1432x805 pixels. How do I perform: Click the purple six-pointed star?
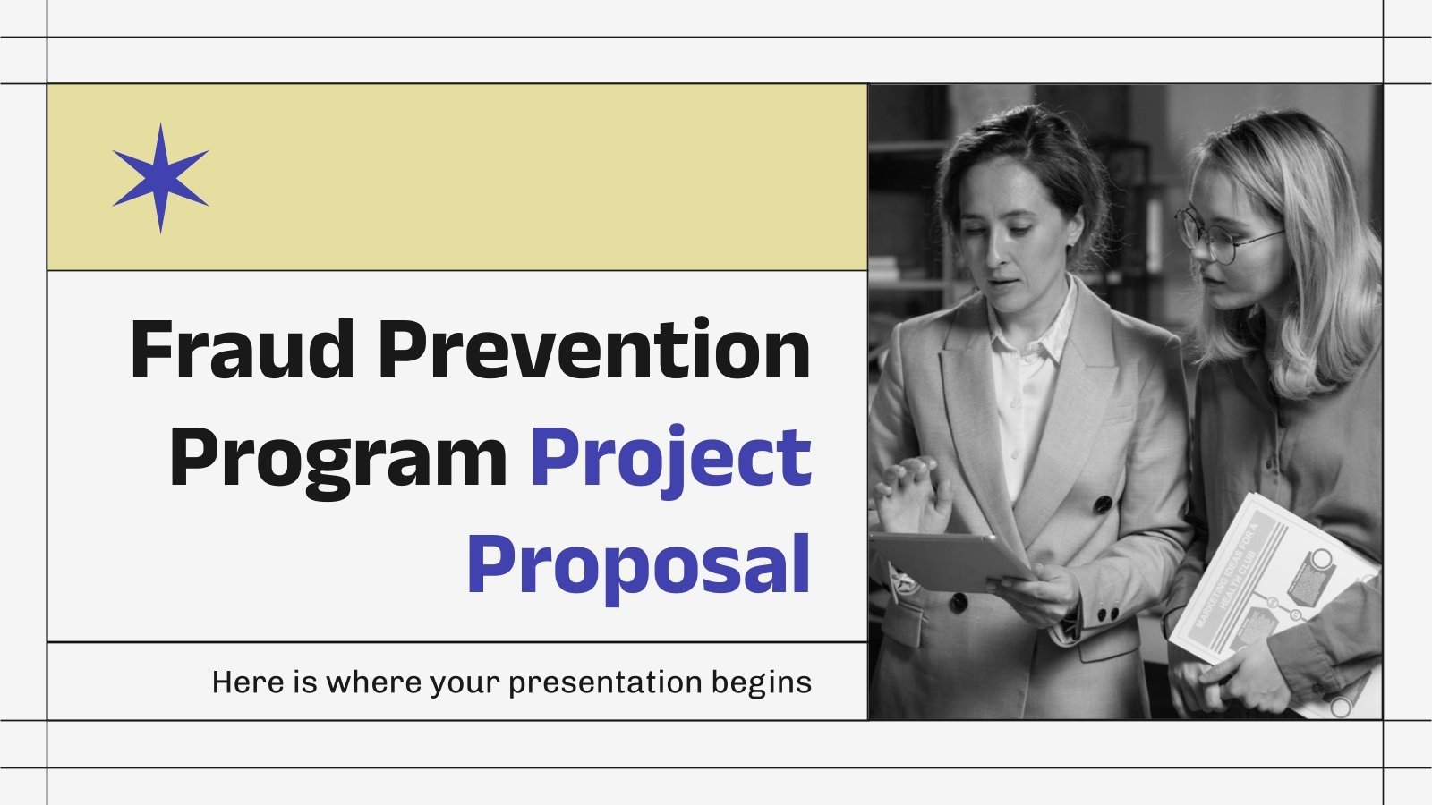(160, 178)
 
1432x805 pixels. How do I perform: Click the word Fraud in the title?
(243, 351)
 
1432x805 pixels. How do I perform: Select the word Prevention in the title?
(594, 351)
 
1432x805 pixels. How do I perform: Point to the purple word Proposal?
(638, 563)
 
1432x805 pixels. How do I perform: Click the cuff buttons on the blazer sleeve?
(1107, 614)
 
